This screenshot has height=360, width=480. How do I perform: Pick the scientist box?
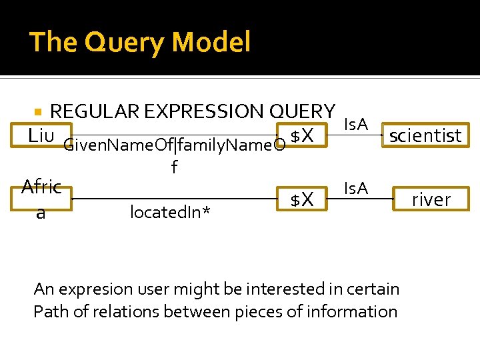425,136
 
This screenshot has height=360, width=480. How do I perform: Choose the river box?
431,199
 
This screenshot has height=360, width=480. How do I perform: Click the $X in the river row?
303,199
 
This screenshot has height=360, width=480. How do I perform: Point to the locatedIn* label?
171,212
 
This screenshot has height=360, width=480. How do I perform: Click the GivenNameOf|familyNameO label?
174,145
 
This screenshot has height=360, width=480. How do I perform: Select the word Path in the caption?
47,311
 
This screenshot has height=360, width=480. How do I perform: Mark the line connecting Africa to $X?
173,199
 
